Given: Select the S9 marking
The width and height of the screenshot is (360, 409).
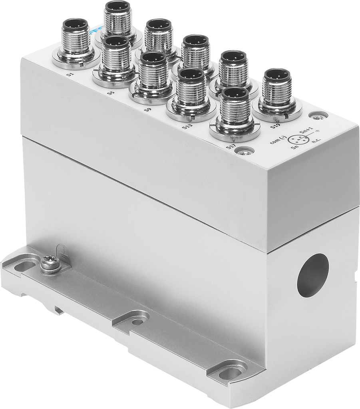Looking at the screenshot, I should (x=147, y=109).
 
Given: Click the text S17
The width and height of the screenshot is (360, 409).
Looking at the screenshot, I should (x=231, y=147).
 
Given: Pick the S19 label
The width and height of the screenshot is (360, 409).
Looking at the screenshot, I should (x=275, y=127).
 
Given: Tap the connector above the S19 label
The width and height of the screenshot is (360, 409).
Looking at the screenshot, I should (x=277, y=93).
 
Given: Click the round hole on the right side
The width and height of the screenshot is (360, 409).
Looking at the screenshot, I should (x=312, y=275).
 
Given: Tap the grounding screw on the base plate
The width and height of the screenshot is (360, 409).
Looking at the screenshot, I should (x=50, y=263).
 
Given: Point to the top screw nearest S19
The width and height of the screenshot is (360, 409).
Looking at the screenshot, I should (x=318, y=116).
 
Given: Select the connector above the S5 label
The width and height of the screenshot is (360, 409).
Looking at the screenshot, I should (x=115, y=59).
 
